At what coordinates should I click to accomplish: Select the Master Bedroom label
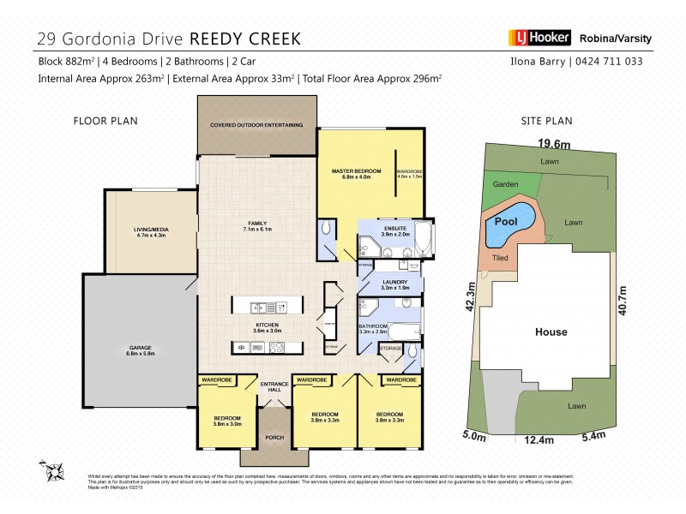356,175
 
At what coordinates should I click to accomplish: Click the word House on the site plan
551,332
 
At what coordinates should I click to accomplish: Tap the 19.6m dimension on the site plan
555,144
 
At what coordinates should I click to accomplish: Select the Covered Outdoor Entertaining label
256,125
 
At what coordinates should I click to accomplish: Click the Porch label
274,438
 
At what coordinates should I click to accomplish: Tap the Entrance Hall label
274,387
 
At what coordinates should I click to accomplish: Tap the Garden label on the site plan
503,184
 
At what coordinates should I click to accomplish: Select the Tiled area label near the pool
499,256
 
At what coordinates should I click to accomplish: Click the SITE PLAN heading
546,122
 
